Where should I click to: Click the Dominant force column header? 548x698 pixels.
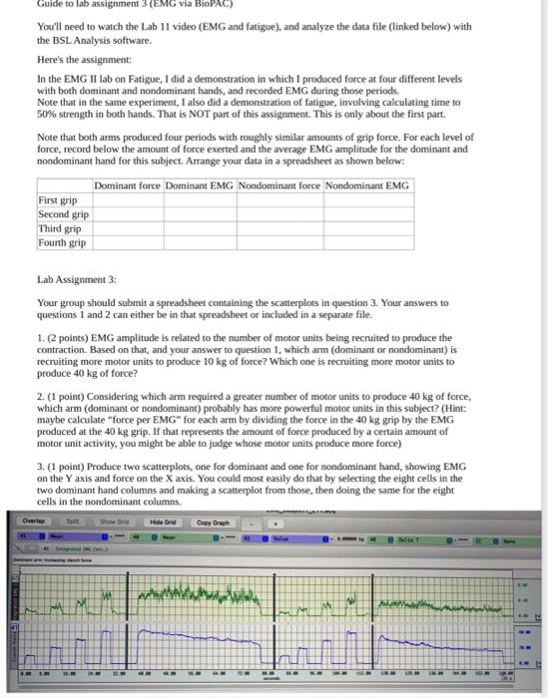[x=127, y=186]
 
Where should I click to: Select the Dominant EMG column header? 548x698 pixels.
[x=200, y=186]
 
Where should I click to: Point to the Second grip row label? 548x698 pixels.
[x=63, y=214]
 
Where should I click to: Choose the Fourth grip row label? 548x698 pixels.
[x=62, y=242]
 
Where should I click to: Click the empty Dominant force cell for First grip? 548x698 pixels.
[x=127, y=200]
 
